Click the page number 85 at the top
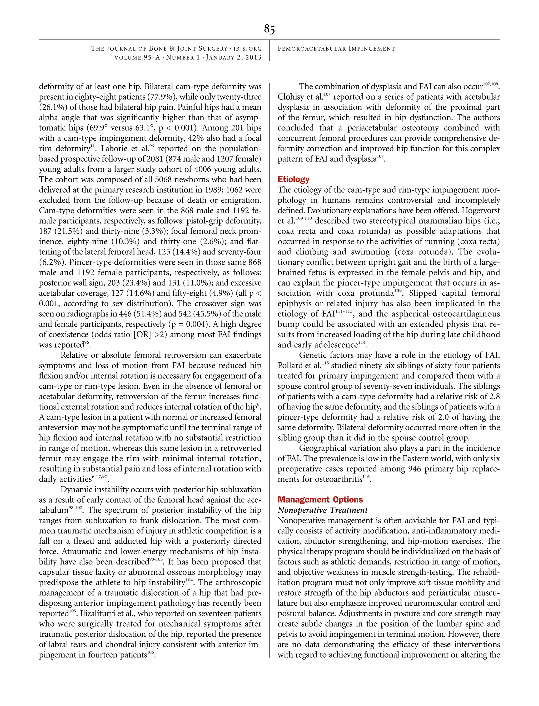(x=269, y=29)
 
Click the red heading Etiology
(x=293, y=179)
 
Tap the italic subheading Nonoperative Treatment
(x=322, y=510)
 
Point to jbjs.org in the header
(x=247, y=49)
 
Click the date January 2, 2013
(x=233, y=57)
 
